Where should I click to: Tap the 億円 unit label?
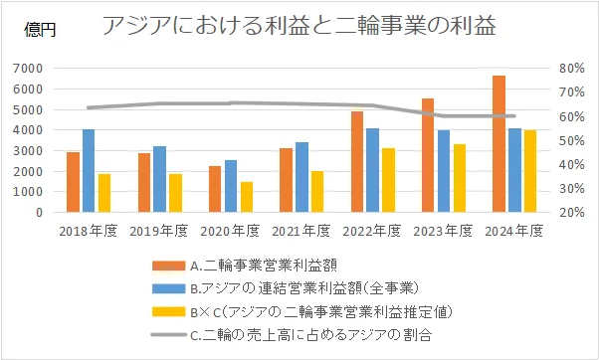coord(41,30)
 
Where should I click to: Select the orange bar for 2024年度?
coord(499,144)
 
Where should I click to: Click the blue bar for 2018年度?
coord(89,171)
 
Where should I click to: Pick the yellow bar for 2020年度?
coord(246,197)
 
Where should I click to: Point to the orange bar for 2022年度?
coord(357,162)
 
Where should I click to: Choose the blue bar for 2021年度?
coord(301,177)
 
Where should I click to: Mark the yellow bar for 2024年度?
coord(530,171)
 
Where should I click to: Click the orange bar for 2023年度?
coord(428,155)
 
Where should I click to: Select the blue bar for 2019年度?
coord(159,179)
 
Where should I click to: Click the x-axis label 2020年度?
coord(231,232)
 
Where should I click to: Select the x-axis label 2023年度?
coord(443,232)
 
